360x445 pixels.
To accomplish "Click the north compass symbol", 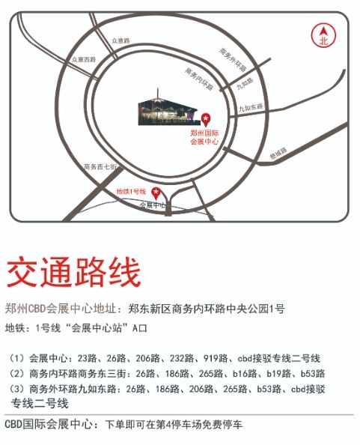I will click(x=323, y=36).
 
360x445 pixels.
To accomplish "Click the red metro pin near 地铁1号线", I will click(x=156, y=190).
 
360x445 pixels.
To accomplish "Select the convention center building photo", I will click(x=166, y=109).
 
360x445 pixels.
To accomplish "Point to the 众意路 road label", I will click(x=120, y=39).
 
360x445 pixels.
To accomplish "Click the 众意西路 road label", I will click(x=84, y=58).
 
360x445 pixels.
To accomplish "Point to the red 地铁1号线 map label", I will click(x=131, y=193).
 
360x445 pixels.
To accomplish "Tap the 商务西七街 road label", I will click(x=100, y=166).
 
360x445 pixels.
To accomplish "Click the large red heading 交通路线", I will click(x=73, y=273).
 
